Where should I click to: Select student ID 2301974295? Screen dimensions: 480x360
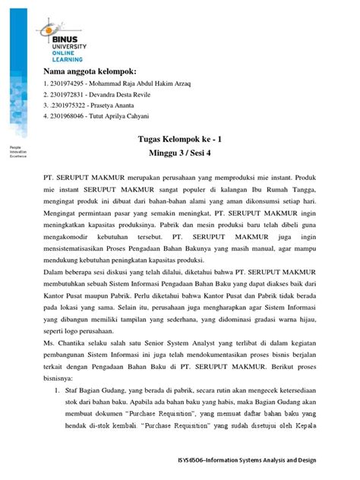click(x=66, y=83)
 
